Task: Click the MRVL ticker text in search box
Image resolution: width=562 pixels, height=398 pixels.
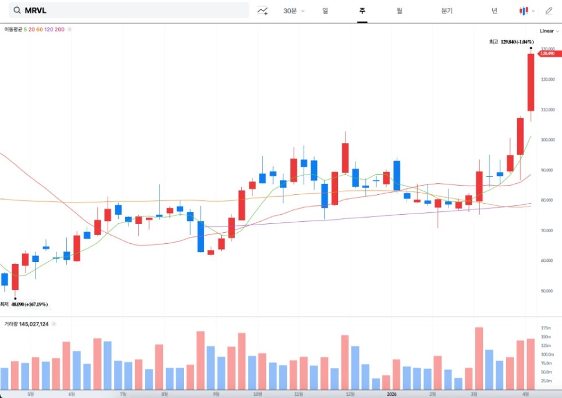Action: pyautogui.click(x=37, y=10)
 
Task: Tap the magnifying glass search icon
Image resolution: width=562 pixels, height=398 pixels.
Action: pyautogui.click(x=17, y=10)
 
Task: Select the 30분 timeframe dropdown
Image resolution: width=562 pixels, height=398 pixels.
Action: pyautogui.click(x=293, y=10)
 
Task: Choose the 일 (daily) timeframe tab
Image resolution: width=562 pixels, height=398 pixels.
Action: pyautogui.click(x=325, y=10)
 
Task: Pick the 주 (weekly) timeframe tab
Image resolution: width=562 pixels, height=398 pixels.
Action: pyautogui.click(x=362, y=10)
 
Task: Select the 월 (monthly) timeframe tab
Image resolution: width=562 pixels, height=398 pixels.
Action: pyautogui.click(x=399, y=10)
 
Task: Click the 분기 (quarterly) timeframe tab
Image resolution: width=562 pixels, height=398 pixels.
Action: pyautogui.click(x=447, y=10)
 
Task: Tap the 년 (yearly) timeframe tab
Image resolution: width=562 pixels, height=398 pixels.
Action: pyautogui.click(x=494, y=10)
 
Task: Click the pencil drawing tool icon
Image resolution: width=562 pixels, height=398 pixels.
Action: pyautogui.click(x=549, y=10)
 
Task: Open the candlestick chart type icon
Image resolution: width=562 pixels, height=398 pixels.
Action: pyautogui.click(x=524, y=10)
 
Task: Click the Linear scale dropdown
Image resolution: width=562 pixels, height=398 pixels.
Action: pyautogui.click(x=549, y=31)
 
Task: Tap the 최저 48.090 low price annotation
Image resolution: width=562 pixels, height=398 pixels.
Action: pyautogui.click(x=28, y=304)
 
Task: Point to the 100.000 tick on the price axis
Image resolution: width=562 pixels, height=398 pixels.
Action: pyautogui.click(x=547, y=140)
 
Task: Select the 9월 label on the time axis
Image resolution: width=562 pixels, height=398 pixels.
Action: pyautogui.click(x=216, y=393)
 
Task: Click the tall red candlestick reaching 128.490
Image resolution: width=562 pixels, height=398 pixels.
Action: pyautogui.click(x=531, y=82)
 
